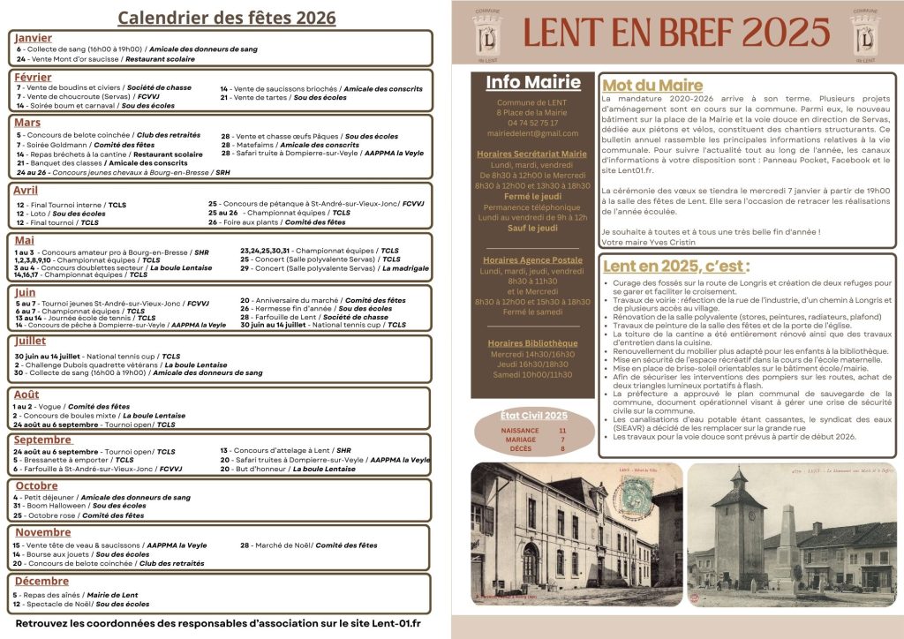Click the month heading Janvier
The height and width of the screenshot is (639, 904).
(34, 38)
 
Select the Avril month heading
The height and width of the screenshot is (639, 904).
(26, 190)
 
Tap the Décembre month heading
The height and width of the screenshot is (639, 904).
(41, 581)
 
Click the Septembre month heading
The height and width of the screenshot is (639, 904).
(43, 440)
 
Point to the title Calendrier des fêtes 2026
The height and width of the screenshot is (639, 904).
(227, 18)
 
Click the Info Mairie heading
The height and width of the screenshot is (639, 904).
(533, 82)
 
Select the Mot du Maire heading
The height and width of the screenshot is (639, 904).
(652, 86)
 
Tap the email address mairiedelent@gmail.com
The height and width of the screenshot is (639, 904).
(532, 133)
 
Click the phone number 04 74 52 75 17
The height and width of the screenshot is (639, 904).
(532, 123)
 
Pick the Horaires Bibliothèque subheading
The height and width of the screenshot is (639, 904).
(532, 343)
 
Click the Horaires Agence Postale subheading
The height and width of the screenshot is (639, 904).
(532, 260)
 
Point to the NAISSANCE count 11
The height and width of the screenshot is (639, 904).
(562, 430)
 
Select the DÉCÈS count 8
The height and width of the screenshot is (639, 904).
(562, 448)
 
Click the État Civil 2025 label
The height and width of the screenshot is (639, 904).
(533, 415)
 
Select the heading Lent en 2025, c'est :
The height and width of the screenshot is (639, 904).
(676, 266)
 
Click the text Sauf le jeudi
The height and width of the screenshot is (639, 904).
(532, 228)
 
